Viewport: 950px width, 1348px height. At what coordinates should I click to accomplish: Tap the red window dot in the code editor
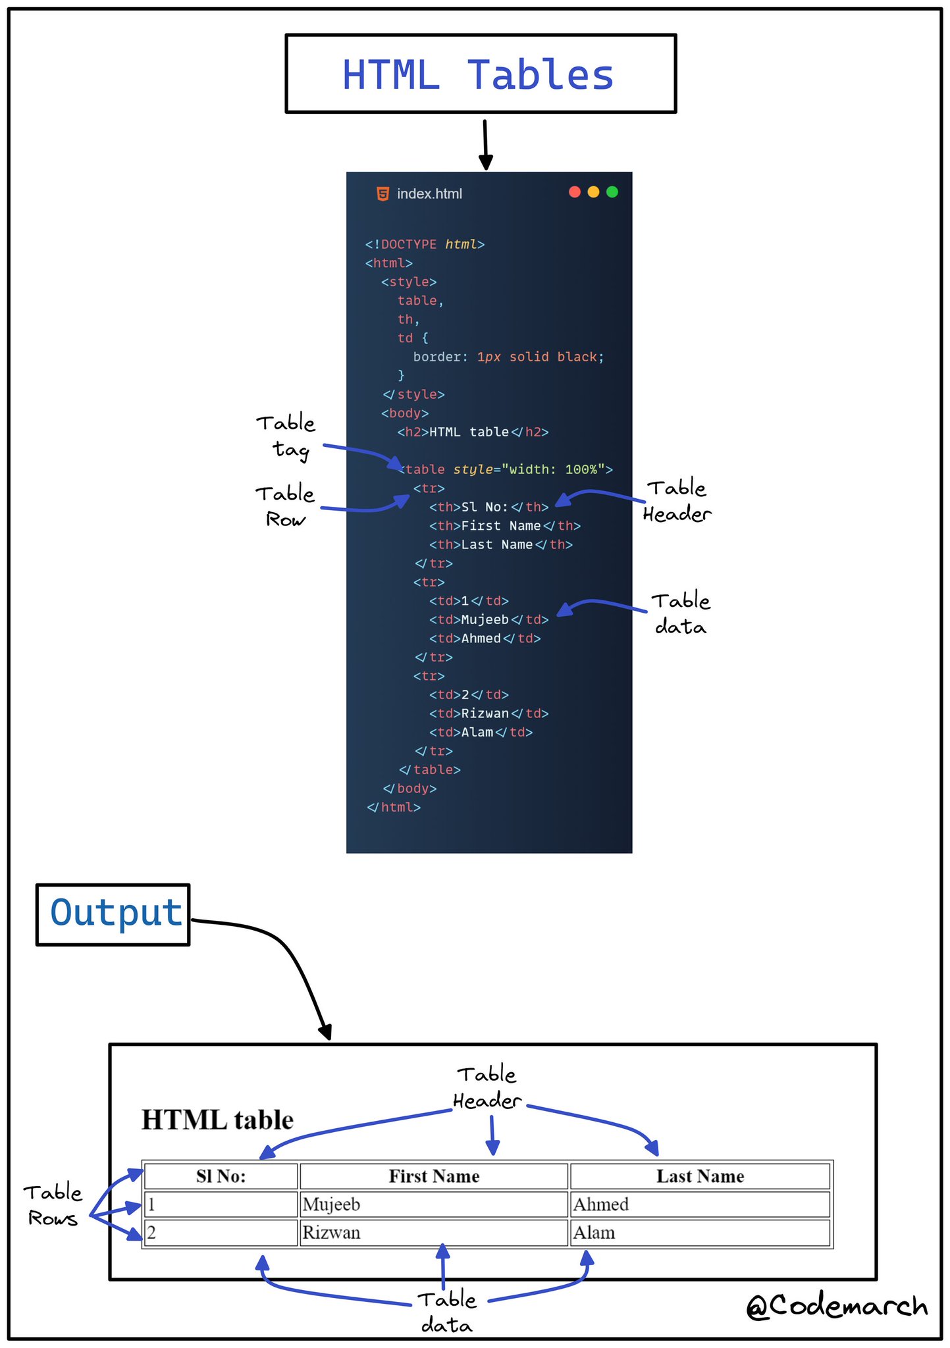[575, 192]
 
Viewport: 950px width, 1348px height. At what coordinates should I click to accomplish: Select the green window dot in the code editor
[612, 192]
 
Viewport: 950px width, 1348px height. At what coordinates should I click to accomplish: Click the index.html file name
[429, 194]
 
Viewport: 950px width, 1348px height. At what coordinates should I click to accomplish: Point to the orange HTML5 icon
[383, 194]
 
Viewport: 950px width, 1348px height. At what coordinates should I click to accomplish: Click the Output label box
[113, 914]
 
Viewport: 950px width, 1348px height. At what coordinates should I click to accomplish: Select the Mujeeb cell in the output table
[433, 1204]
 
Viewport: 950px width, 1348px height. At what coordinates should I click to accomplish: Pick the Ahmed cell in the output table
[700, 1204]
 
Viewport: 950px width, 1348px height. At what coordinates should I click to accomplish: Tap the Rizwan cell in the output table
[433, 1232]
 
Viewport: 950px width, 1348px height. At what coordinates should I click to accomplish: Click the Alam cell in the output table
[700, 1232]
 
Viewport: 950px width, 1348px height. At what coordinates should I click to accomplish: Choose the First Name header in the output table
[433, 1176]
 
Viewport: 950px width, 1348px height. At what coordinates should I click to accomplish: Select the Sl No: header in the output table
[221, 1176]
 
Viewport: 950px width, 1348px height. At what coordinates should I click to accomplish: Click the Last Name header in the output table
[700, 1176]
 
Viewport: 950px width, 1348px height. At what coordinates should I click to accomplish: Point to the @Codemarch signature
[837, 1306]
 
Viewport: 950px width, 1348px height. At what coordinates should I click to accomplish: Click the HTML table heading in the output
[217, 1120]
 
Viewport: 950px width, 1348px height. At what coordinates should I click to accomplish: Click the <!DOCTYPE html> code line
[425, 244]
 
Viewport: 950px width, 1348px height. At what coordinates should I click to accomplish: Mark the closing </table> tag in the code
[429, 769]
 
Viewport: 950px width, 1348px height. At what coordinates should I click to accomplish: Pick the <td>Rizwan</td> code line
[488, 713]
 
